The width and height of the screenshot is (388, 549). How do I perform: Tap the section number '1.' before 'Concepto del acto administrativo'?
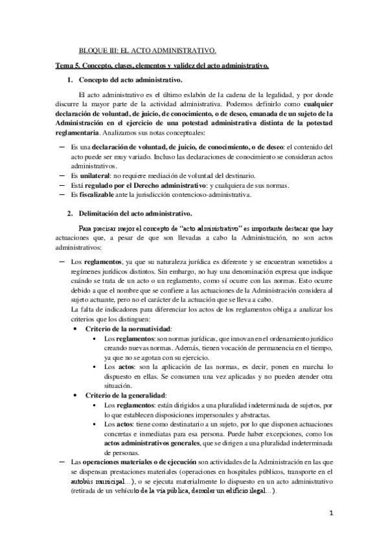pyautogui.click(x=71, y=80)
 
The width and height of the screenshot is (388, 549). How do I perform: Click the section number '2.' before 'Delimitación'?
pyautogui.click(x=71, y=214)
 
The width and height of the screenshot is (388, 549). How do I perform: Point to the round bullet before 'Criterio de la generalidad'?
pyautogui.click(x=76, y=396)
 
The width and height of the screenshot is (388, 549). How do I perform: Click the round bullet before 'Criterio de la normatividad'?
pyautogui.click(x=76, y=330)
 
